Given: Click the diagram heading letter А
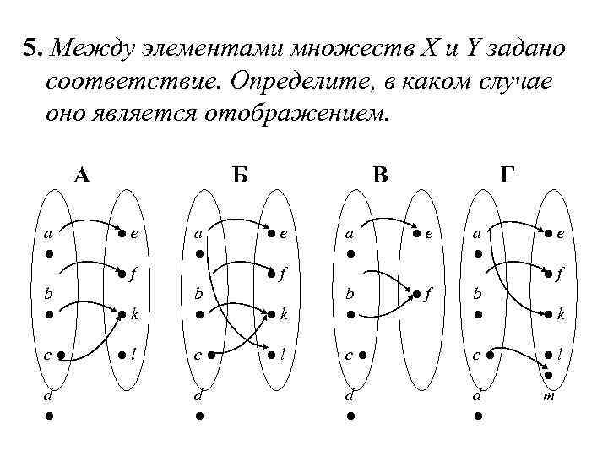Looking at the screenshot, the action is (x=82, y=175).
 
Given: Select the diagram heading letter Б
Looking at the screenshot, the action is (x=240, y=175).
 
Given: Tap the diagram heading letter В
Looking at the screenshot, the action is (x=381, y=175).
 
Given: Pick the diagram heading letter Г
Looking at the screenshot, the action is (x=507, y=175).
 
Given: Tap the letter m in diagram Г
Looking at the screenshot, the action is (x=549, y=394).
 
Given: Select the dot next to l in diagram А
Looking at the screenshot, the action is (x=123, y=355).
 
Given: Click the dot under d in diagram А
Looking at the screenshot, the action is (x=51, y=415).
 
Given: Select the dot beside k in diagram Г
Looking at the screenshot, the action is (x=548, y=314).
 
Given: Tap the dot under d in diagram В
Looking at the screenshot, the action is (x=349, y=415).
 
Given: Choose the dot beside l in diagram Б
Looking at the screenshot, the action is (x=270, y=355).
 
